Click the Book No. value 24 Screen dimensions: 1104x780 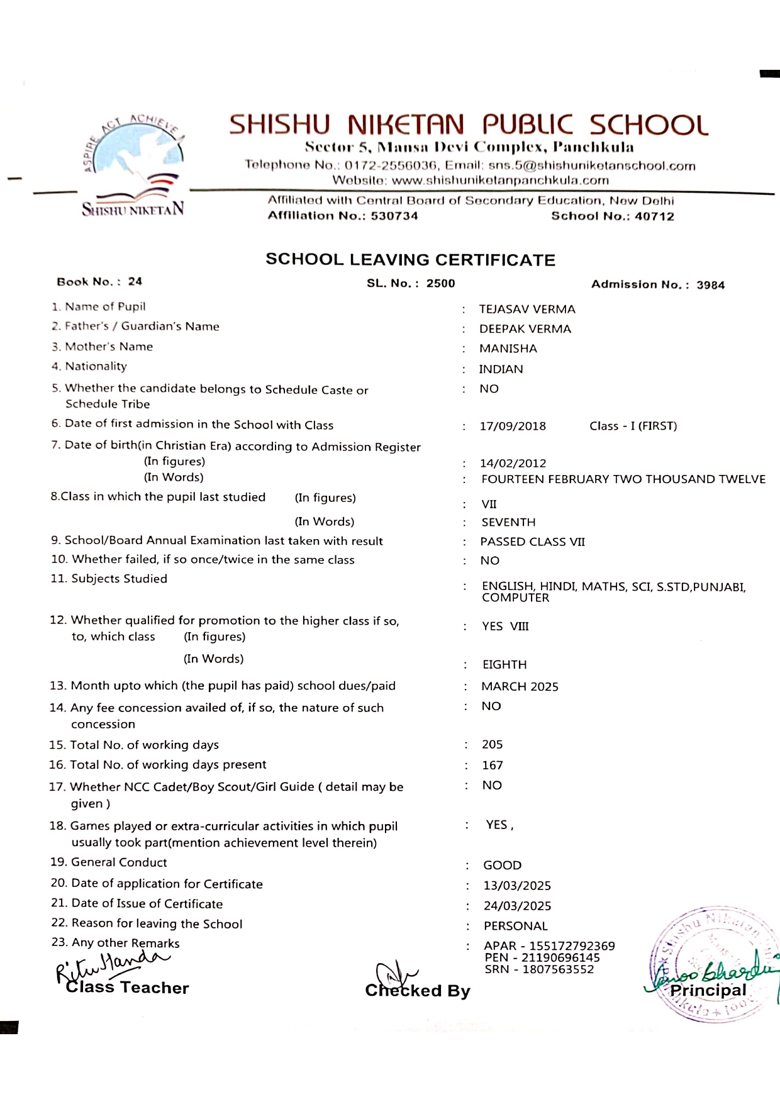click(135, 282)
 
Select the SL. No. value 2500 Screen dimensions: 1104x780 click(440, 284)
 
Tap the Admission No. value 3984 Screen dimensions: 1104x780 click(710, 285)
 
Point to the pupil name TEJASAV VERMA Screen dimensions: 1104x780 click(527, 309)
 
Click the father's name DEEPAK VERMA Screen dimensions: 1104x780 click(525, 329)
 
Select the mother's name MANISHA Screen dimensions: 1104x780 click(508, 348)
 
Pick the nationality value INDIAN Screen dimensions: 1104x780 click(501, 369)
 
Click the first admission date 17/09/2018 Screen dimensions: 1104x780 click(513, 427)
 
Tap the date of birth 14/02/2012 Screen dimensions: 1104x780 click(513, 464)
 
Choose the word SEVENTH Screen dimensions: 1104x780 click(508, 523)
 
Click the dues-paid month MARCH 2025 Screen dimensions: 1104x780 click(520, 687)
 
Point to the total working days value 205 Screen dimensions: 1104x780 click(492, 745)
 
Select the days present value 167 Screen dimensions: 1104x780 click(492, 766)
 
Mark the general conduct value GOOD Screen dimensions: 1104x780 click(502, 866)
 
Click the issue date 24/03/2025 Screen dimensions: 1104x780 click(517, 906)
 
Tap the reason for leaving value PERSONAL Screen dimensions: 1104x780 click(515, 927)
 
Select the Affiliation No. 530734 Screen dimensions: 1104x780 click(394, 216)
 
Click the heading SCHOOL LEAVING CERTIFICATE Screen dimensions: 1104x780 click(410, 260)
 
